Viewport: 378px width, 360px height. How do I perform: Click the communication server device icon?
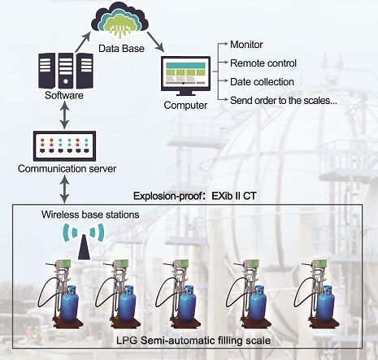pos(65,146)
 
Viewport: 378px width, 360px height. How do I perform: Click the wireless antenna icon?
pos(84,239)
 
